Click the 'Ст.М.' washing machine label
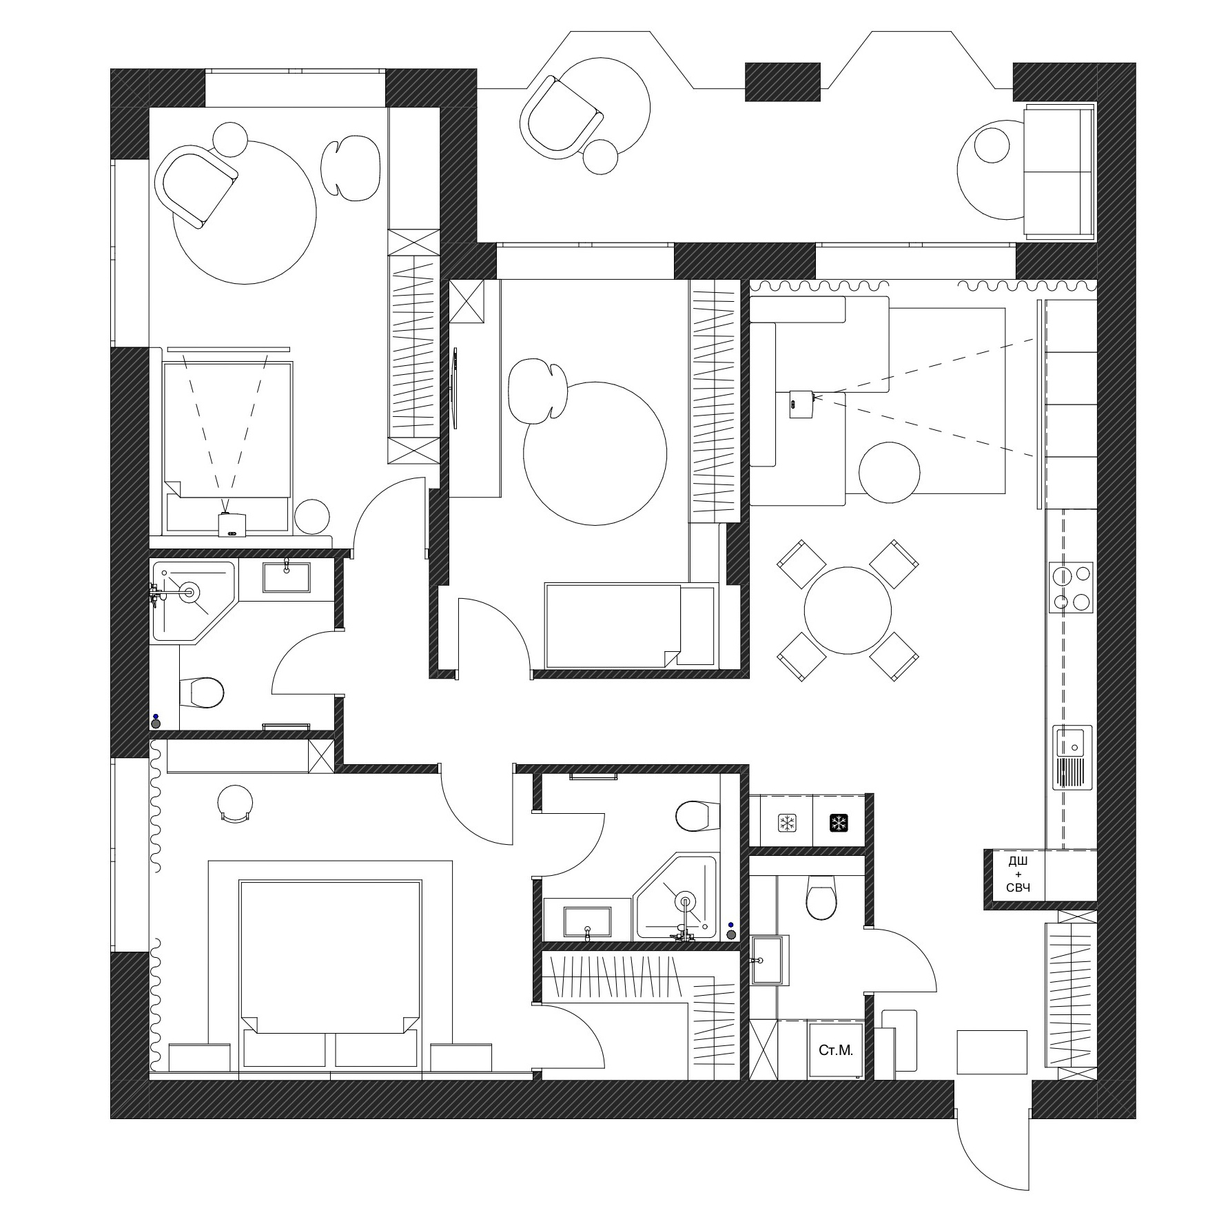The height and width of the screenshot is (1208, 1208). pyautogui.click(x=836, y=1050)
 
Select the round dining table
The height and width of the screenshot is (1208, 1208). pyautogui.click(x=848, y=610)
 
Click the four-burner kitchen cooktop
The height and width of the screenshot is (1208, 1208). pyautogui.click(x=1072, y=587)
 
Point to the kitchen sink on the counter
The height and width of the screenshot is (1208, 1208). pyautogui.click(x=1072, y=757)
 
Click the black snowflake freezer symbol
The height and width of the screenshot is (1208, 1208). pyautogui.click(x=839, y=823)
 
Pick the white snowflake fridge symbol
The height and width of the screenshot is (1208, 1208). pyautogui.click(x=787, y=823)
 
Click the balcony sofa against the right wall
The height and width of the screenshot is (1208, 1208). pyautogui.click(x=1059, y=173)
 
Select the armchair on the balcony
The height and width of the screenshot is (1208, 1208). pyautogui.click(x=562, y=114)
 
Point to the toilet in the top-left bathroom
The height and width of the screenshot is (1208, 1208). pyautogui.click(x=201, y=692)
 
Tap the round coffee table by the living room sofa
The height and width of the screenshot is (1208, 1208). pyautogui.click(x=889, y=473)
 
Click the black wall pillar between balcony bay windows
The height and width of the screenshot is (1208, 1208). pyautogui.click(x=783, y=82)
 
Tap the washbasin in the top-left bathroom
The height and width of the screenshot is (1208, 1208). pyautogui.click(x=286, y=577)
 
